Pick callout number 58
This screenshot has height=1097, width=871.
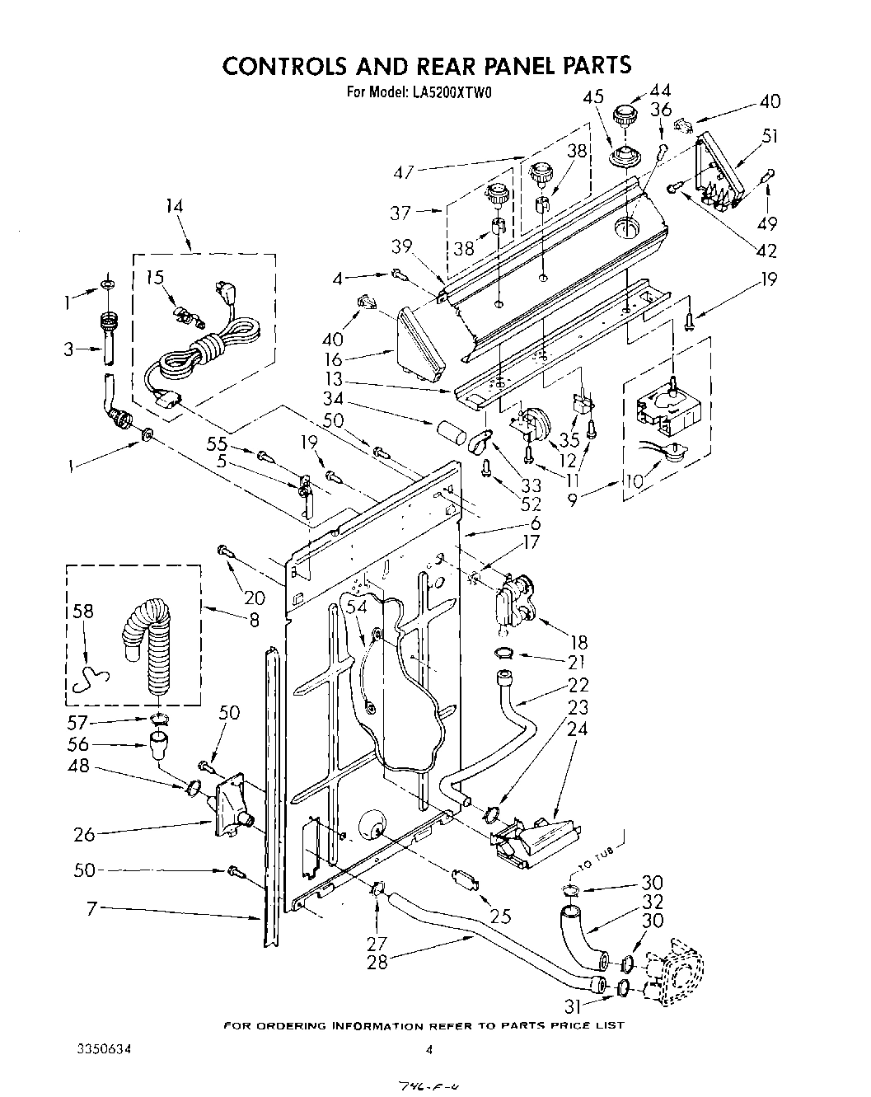click(x=83, y=612)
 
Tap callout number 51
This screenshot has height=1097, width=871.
click(x=770, y=136)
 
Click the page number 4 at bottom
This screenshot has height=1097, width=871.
click(x=429, y=1050)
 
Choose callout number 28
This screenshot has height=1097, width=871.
click(x=377, y=961)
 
